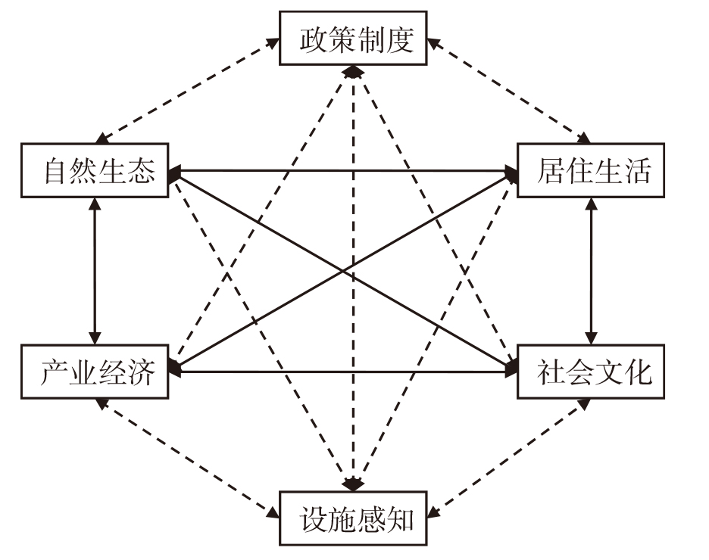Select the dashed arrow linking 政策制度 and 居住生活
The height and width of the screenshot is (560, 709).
(509, 91)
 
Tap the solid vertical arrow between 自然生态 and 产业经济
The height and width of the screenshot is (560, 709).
(95, 272)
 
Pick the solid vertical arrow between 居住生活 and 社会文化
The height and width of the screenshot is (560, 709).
(591, 272)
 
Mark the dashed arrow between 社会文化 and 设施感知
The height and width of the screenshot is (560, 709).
(509, 459)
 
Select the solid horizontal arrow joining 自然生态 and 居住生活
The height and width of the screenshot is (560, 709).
(342, 171)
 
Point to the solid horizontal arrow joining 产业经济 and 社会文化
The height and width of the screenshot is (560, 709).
(342, 372)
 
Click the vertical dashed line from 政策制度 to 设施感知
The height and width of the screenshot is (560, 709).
(353, 278)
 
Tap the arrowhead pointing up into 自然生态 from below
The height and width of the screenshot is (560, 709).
(95, 204)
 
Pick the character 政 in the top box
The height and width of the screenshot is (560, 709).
(314, 39)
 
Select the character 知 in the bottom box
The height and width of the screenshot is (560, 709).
(399, 519)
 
